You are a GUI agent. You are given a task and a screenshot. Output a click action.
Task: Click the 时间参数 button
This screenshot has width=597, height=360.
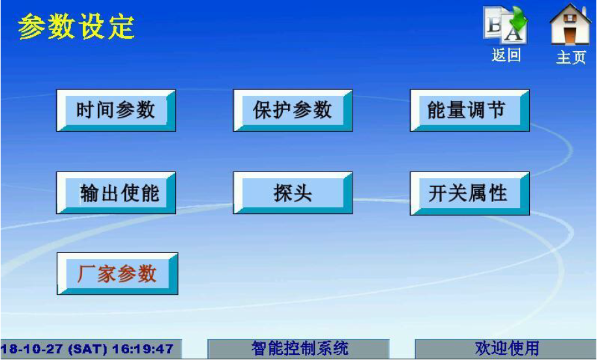click(116, 110)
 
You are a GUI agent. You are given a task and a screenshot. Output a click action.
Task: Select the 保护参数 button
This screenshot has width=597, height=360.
click(293, 110)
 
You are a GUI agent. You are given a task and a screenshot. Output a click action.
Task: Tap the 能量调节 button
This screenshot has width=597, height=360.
click(469, 110)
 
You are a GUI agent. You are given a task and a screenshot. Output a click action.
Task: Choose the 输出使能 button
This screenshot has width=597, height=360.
click(116, 193)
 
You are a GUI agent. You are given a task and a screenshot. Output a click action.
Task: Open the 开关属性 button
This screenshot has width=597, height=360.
click(469, 193)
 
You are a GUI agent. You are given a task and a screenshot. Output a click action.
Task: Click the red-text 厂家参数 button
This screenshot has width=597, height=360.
click(117, 273)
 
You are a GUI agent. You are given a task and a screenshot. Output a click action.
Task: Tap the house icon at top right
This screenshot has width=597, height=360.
click(570, 24)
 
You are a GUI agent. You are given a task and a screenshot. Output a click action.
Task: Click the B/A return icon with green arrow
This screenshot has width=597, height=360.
click(506, 24)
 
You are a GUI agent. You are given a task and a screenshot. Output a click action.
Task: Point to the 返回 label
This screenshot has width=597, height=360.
click(506, 55)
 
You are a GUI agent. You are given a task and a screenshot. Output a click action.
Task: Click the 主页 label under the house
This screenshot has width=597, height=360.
click(571, 57)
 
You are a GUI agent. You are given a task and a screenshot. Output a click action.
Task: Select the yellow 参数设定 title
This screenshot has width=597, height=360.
click(76, 27)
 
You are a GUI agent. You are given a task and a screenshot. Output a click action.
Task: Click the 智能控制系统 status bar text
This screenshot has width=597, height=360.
click(300, 348)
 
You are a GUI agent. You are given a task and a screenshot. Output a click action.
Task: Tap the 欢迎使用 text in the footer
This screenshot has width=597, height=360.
click(507, 348)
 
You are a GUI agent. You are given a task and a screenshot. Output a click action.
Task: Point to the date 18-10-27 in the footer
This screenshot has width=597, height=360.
click(33, 348)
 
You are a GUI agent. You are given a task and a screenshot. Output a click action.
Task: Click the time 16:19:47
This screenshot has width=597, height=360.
click(143, 348)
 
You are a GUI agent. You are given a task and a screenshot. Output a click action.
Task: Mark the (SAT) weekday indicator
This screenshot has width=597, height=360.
click(88, 348)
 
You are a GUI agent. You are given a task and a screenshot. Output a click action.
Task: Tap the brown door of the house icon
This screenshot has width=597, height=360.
click(570, 35)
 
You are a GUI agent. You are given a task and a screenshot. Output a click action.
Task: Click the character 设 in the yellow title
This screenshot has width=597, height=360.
click(91, 27)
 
